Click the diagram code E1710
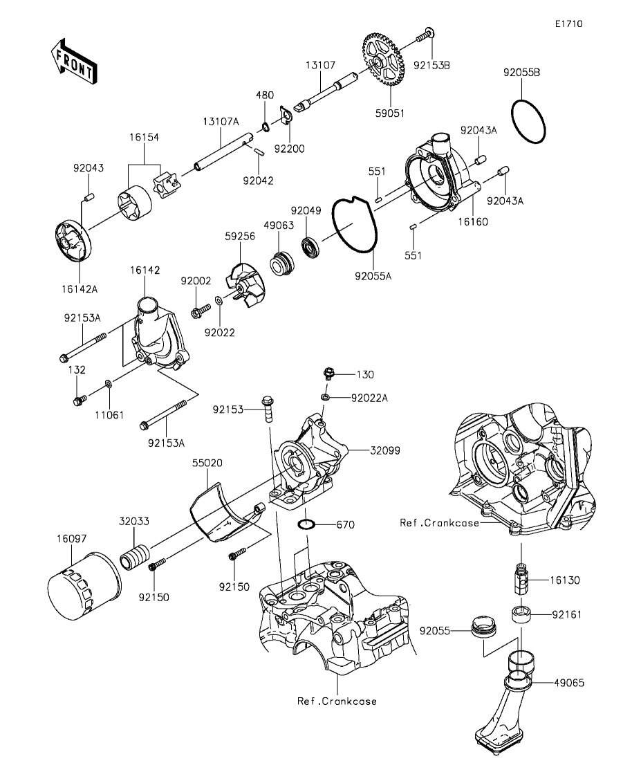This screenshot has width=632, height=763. [x=568, y=24]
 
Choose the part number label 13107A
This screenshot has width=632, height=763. [x=221, y=122]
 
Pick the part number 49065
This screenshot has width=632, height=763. [x=568, y=682]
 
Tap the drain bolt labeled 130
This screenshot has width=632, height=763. [x=328, y=374]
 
